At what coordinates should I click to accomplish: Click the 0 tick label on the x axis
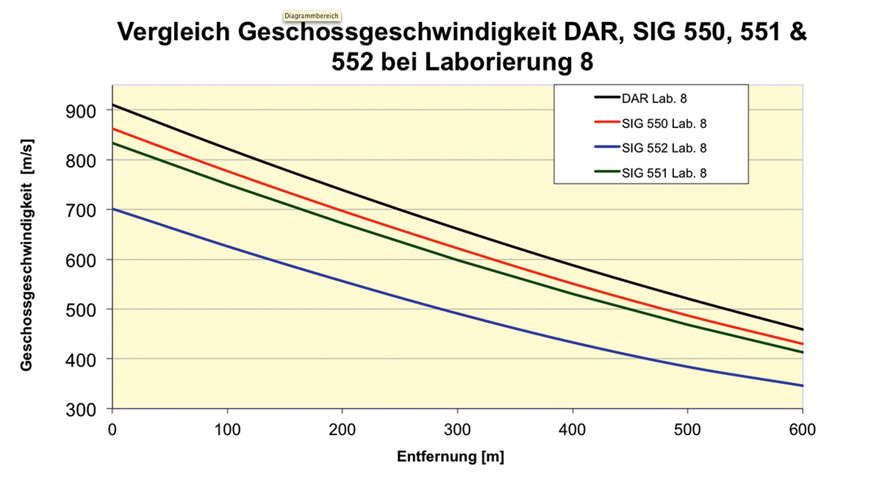pos(112,429)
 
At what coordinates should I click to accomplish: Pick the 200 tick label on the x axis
pos(342,429)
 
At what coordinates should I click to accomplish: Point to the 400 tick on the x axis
pos(572,429)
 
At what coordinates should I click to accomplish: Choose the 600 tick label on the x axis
pos(802,429)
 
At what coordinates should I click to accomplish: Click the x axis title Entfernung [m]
pos(451,457)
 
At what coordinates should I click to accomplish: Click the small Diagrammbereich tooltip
pos(312,15)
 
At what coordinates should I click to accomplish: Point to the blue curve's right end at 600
pos(802,385)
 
